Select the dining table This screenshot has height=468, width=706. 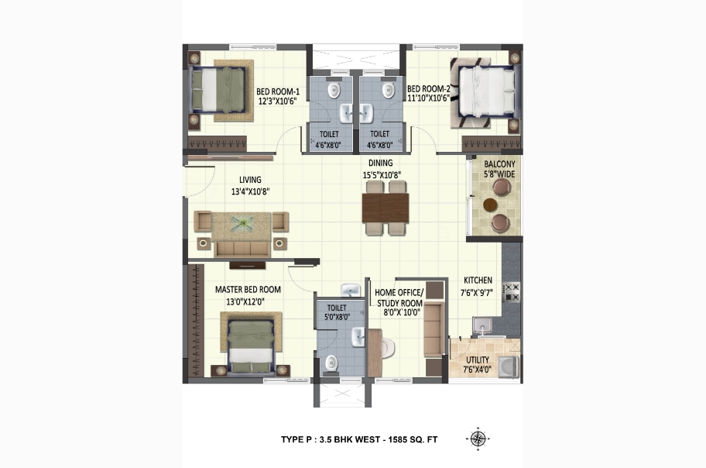386,208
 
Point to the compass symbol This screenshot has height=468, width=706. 478,439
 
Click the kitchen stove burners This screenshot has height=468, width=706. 512,291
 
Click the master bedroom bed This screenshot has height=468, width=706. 252,346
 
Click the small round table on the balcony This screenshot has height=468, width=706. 490,205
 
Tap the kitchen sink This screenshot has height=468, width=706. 482,326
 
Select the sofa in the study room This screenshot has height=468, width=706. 434,330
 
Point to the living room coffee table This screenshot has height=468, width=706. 242,224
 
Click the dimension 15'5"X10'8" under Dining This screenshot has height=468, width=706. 382,175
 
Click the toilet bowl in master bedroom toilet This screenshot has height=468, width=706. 331,363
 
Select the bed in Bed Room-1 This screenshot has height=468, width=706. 219,90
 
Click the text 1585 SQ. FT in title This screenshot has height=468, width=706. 412,439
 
